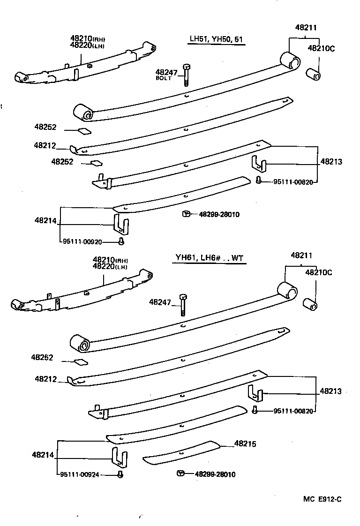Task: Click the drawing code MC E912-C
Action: (322, 499)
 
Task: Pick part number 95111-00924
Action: (80, 474)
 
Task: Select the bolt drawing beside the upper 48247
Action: (187, 75)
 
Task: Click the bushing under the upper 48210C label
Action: (313, 74)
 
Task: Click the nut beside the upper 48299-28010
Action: (186, 214)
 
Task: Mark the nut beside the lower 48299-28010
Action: (180, 473)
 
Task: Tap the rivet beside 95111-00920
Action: (121, 241)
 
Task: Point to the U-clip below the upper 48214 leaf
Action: (120, 223)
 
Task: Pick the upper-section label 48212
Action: (45, 146)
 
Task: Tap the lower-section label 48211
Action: (301, 255)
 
